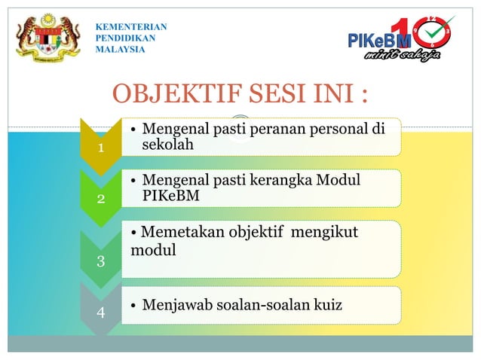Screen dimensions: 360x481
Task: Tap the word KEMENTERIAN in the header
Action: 131,27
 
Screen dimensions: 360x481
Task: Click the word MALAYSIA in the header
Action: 121,50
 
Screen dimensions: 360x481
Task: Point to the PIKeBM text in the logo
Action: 379,40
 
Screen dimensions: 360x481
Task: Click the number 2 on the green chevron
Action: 100,200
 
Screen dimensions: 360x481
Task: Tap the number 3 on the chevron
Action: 100,261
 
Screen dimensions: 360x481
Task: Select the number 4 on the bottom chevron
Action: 100,311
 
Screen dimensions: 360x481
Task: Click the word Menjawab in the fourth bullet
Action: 174,306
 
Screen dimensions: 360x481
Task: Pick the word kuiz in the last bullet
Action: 324,306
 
